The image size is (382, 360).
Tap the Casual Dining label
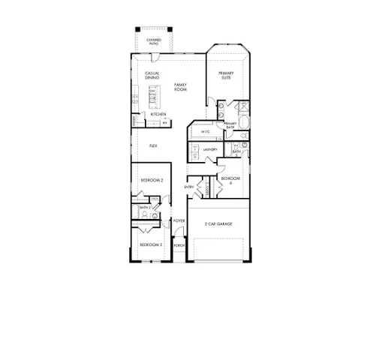[152, 75]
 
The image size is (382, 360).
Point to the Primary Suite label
[226, 75]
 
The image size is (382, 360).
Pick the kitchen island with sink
[152, 97]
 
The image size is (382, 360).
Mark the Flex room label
[153, 145]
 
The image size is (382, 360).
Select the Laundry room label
[211, 149]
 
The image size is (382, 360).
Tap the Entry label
[189, 187]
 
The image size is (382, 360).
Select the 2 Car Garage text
[221, 224]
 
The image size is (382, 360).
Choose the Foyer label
[179, 221]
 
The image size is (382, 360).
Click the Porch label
[179, 245]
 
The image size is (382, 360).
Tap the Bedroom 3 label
[152, 245]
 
